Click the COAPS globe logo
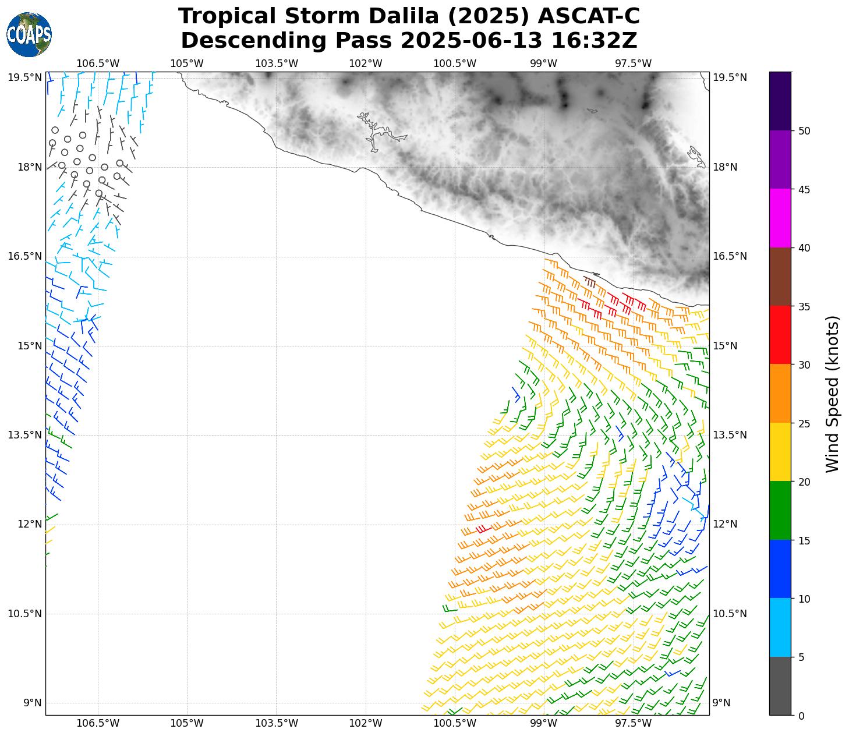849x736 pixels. click(29, 35)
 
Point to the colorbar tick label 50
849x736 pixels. click(804, 131)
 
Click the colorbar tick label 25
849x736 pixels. click(804, 423)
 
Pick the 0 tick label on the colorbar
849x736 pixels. click(801, 716)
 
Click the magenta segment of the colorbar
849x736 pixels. click(780, 218)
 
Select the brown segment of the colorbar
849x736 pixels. click(780, 277)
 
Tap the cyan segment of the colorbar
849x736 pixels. click(780, 628)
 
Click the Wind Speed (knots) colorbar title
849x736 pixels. click(833, 394)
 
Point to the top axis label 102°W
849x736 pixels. click(366, 63)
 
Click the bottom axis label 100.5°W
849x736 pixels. click(455, 724)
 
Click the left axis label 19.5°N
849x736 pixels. click(24, 77)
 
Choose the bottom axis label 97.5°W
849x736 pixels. click(633, 724)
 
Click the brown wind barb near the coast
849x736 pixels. click(590, 282)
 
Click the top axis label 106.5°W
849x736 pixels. click(98, 63)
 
